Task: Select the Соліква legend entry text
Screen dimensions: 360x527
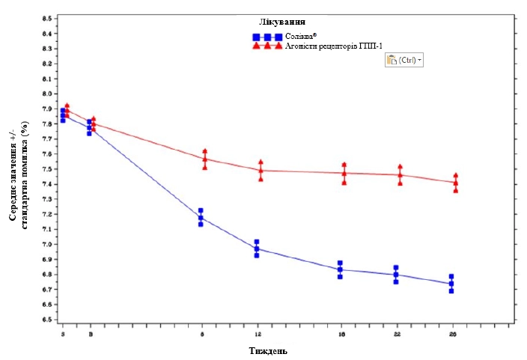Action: (302, 36)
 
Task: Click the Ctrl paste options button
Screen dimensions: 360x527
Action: (404, 60)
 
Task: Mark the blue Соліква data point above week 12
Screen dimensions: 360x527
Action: (257, 248)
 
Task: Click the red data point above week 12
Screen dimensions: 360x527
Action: (261, 171)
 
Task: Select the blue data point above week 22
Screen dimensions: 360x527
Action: (396, 275)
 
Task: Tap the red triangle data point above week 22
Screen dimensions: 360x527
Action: (400, 175)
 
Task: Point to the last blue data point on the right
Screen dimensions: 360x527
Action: (451, 284)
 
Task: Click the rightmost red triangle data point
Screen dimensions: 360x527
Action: (455, 183)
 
